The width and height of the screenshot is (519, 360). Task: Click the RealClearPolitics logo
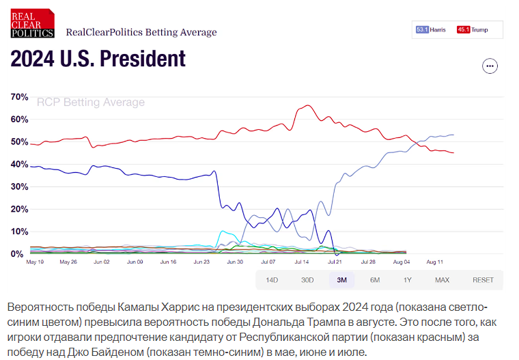click(32, 23)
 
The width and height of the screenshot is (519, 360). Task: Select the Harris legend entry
click(432, 29)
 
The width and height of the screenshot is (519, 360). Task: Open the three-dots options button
click(490, 66)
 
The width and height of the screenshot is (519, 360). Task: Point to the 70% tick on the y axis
click(18, 97)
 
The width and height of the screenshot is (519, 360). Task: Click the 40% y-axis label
click(18, 165)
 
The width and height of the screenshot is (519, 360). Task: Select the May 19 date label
click(36, 262)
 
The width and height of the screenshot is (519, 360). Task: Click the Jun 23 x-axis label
click(202, 262)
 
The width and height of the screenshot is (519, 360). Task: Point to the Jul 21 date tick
click(335, 262)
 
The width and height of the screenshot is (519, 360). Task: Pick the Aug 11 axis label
click(435, 262)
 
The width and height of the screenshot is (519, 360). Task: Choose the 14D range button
click(272, 280)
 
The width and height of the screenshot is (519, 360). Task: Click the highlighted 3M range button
click(341, 280)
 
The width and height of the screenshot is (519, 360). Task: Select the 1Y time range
click(408, 280)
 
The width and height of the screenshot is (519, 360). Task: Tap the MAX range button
click(442, 280)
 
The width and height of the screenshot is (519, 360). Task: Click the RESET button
click(483, 280)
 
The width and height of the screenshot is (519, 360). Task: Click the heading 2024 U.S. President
click(98, 59)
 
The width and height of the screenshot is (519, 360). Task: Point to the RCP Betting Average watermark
click(91, 102)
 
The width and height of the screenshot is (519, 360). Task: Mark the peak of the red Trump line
click(307, 105)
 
